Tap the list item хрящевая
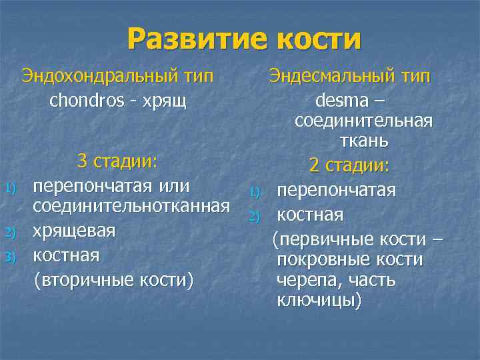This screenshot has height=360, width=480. click(x=74, y=231)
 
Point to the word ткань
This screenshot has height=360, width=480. click(x=363, y=142)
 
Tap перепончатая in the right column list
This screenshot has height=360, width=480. click(x=337, y=191)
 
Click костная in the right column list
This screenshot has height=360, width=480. click(x=310, y=215)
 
